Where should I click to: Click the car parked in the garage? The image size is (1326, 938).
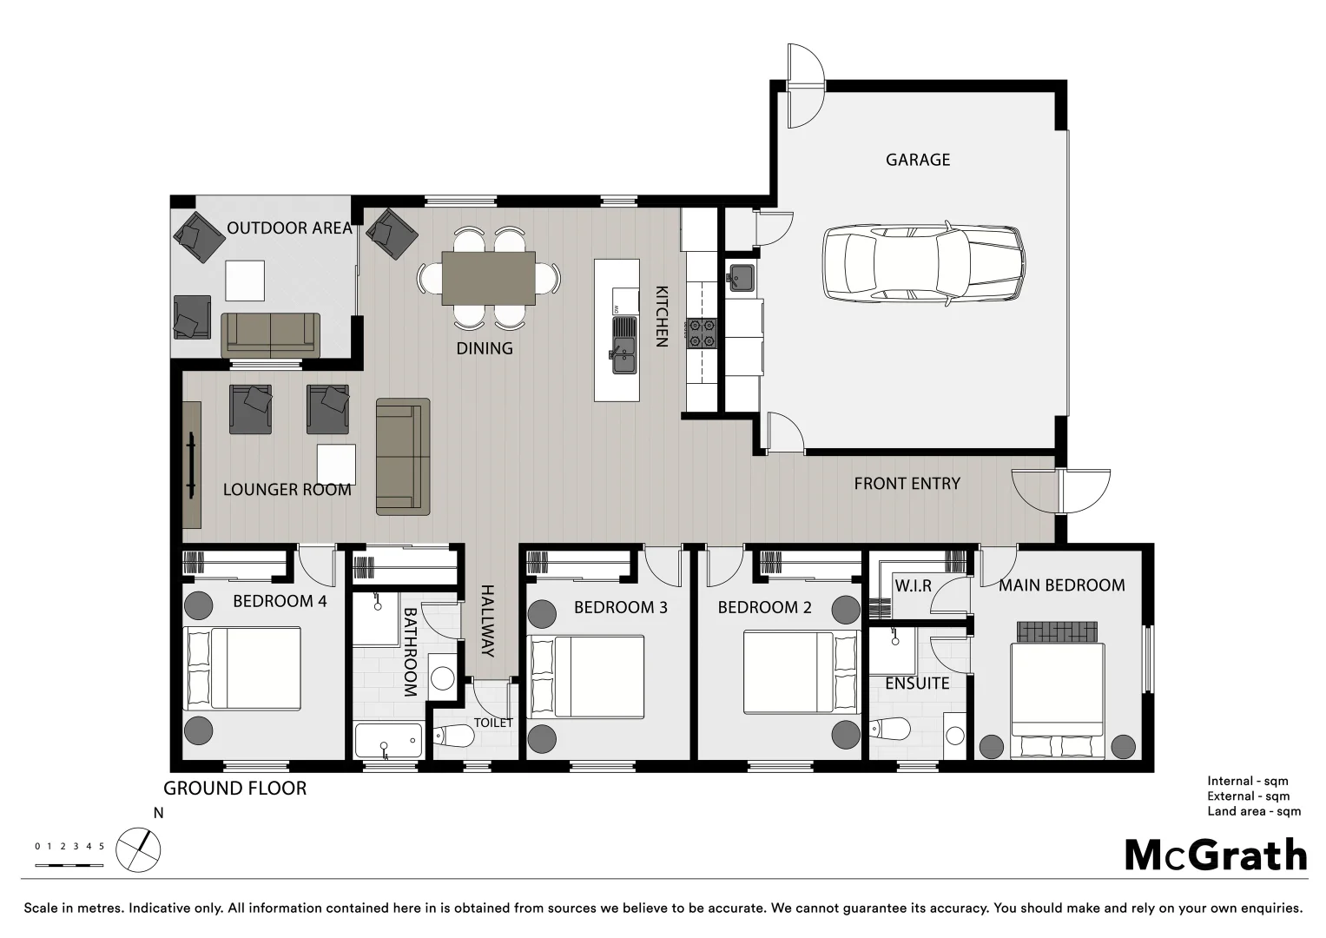coord(922,264)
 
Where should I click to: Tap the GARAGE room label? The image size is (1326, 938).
coord(917,160)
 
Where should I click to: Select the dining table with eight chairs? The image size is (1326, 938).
coord(488,278)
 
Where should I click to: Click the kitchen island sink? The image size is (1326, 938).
coord(623,345)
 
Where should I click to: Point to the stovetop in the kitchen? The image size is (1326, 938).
coord(702,334)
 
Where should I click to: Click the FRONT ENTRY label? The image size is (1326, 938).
coord(907,484)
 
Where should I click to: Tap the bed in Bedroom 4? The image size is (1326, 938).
coord(244,668)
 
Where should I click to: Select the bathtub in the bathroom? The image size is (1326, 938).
coord(388,741)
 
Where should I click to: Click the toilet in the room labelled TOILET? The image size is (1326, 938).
coord(454,737)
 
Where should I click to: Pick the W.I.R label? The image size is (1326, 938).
coord(913,586)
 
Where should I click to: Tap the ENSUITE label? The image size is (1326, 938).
coord(917,684)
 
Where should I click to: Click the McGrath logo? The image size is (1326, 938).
coord(1215,855)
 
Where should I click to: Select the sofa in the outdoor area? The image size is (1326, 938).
coord(270,335)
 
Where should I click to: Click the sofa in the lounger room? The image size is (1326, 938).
coord(403,456)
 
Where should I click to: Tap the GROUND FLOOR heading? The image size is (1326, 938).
coord(234,789)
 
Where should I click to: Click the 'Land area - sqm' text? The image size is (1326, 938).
coord(1253,811)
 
